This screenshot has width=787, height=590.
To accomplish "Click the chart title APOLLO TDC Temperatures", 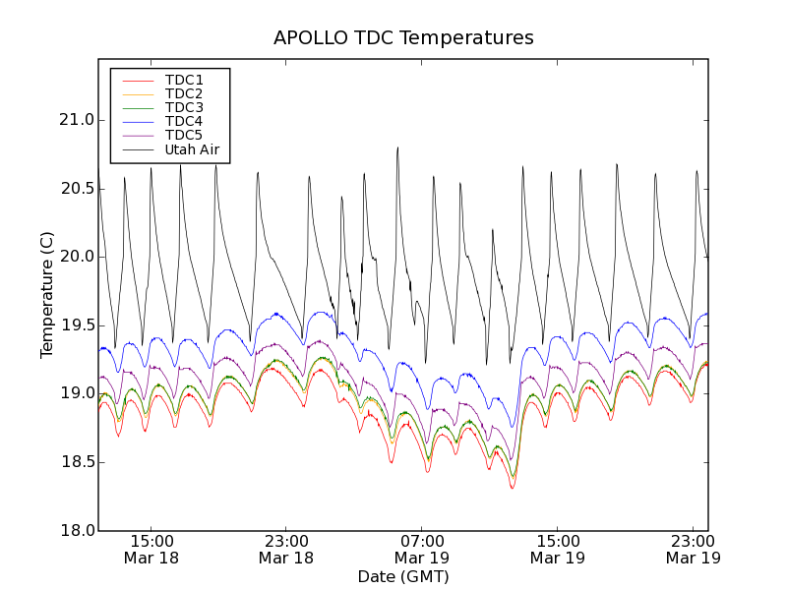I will click(403, 38).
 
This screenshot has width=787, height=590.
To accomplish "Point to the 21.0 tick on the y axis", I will click(75, 120).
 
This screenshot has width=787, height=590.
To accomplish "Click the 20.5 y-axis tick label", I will click(75, 189).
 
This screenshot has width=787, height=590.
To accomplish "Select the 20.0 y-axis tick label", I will click(75, 257).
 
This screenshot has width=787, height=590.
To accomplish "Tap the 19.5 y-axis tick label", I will click(75, 325).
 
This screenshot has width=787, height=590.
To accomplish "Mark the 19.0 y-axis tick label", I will click(75, 393).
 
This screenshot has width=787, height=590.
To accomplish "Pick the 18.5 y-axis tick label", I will click(75, 462).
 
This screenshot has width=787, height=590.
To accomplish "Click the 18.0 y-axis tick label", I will click(75, 530).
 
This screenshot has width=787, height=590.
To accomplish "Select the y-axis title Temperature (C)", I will click(47, 295).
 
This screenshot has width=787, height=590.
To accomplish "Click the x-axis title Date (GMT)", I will click(403, 576).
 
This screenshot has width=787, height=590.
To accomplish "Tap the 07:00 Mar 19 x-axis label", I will click(421, 549).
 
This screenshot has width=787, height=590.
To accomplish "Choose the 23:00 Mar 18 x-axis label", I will click(285, 549).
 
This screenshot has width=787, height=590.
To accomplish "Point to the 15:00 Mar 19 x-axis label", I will click(557, 549).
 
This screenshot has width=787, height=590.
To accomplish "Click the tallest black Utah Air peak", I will click(397, 148).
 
